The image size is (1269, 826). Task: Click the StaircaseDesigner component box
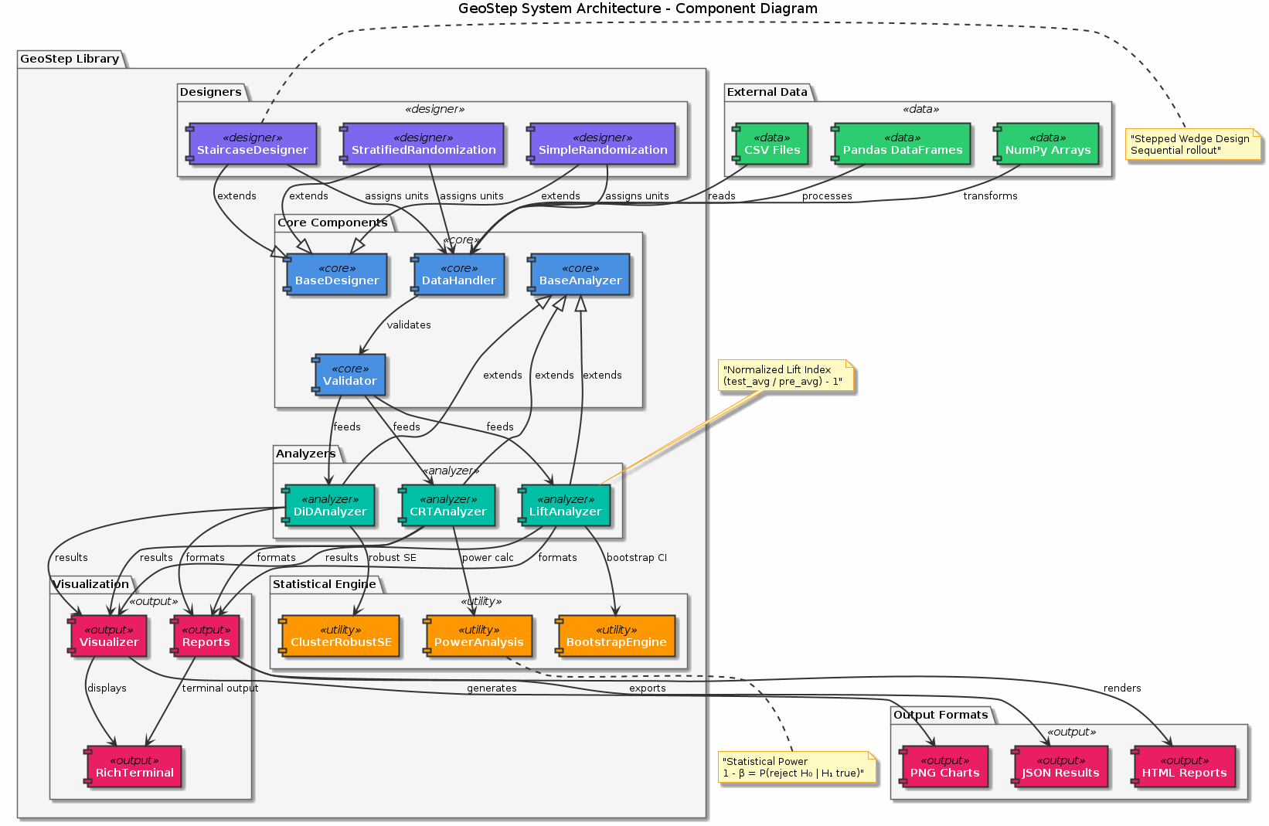point(253,144)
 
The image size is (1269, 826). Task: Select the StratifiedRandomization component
point(424,144)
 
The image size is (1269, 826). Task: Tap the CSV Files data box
point(771,144)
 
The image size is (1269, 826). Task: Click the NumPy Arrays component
point(1047,144)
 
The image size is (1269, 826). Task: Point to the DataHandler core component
point(459,274)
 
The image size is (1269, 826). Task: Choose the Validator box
point(350,375)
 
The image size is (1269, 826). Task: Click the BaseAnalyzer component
point(580,274)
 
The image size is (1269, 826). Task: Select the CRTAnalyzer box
point(447,505)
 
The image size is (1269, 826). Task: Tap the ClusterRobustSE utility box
point(341,636)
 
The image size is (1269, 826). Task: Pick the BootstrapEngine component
point(616,636)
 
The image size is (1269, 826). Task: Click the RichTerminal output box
point(134,767)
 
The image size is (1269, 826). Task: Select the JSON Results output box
point(1060,767)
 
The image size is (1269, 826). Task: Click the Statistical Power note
point(796,767)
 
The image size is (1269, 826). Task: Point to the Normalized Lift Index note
point(784,376)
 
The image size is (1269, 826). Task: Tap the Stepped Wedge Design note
point(1191,144)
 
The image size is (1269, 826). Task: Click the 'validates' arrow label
point(409,325)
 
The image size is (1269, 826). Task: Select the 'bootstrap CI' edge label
point(637,558)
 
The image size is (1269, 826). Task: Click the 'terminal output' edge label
point(220,688)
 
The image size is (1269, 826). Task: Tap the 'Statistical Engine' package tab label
point(324,584)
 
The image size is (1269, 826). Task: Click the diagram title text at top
point(638,9)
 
